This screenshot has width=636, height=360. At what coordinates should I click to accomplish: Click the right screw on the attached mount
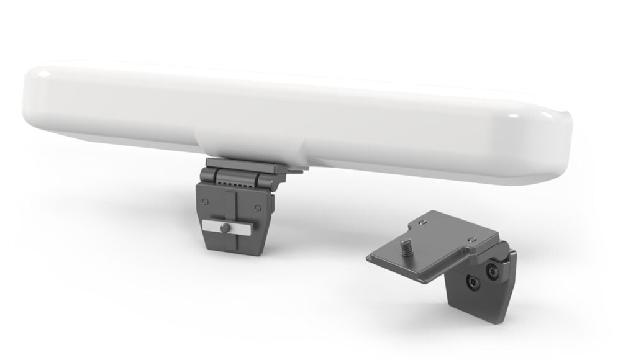258,207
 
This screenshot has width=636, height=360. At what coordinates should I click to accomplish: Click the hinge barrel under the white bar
239,177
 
